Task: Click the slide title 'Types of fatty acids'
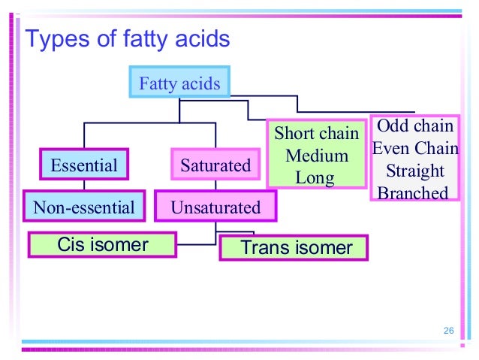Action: click(127, 38)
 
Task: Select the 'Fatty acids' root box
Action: click(179, 83)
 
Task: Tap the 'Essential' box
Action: click(83, 165)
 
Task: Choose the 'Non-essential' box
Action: click(83, 207)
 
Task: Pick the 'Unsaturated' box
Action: click(215, 207)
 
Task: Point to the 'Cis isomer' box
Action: click(102, 244)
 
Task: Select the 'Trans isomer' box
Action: click(294, 247)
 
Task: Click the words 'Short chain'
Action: click(317, 134)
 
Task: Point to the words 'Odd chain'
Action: click(414, 126)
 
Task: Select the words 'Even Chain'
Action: click(415, 148)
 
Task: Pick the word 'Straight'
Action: click(415, 171)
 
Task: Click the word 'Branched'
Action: click(413, 193)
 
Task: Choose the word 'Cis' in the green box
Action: click(72, 244)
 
